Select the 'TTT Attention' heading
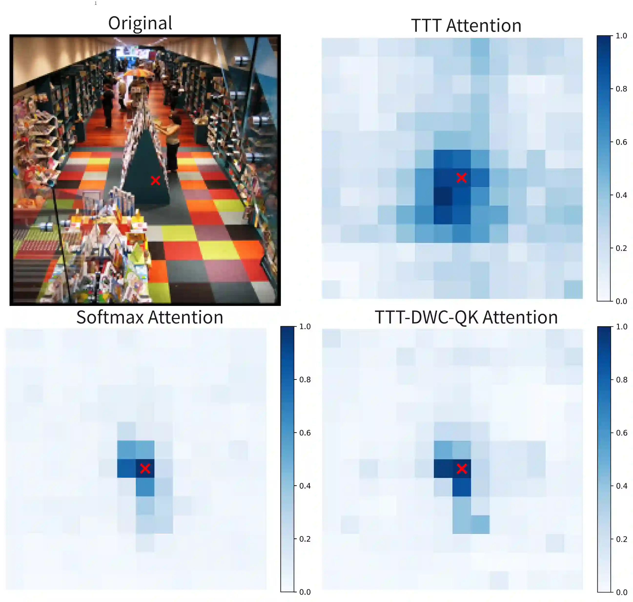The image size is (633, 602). click(466, 25)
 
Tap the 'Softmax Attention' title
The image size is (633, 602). click(150, 317)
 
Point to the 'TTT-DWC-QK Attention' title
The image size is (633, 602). click(466, 317)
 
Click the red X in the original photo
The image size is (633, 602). click(155, 180)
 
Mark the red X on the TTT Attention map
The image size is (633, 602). click(461, 177)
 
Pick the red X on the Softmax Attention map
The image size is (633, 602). click(145, 468)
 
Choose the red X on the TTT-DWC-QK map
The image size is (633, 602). click(462, 469)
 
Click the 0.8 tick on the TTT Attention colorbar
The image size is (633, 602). click(621, 89)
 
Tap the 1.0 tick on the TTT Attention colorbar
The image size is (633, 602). click(621, 36)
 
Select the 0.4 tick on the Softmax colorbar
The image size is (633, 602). click(305, 486)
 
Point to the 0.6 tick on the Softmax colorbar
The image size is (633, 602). click(305, 433)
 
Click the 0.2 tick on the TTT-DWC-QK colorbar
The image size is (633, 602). click(621, 539)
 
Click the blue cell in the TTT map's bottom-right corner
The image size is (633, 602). click(573, 290)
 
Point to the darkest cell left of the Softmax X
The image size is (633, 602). click(126, 468)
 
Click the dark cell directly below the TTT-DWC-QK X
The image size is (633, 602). click(462, 487)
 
